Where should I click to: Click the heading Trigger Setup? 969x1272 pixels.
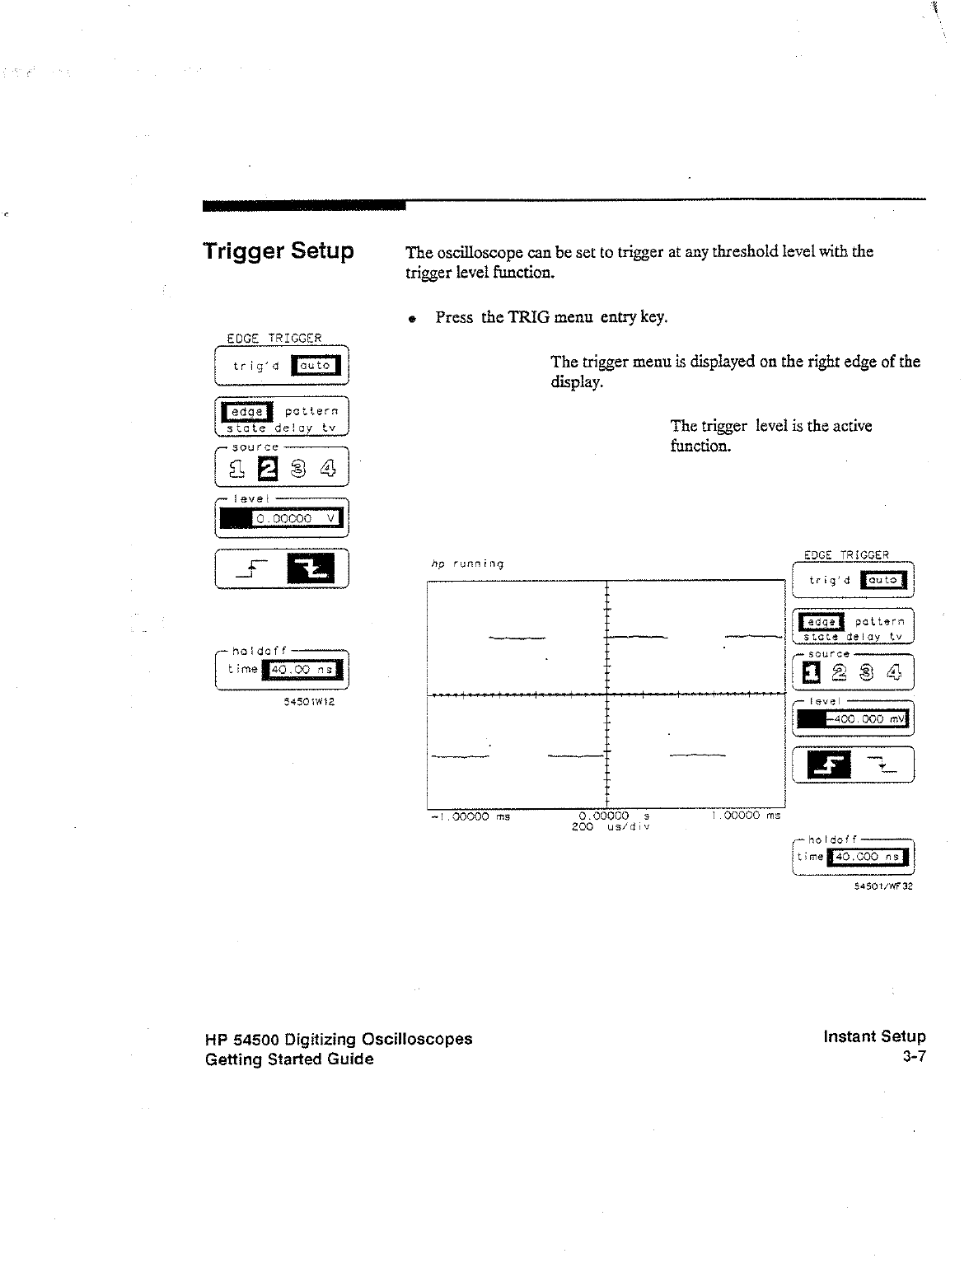pyautogui.click(x=279, y=250)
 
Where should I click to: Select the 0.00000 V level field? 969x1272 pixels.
pyautogui.click(x=289, y=519)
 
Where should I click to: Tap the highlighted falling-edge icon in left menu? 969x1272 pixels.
pyautogui.click(x=311, y=568)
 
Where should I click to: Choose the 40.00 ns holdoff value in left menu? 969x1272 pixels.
pyautogui.click(x=301, y=671)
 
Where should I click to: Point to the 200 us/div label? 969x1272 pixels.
pyautogui.click(x=611, y=826)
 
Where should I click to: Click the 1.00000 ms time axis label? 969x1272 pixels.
pyautogui.click(x=745, y=816)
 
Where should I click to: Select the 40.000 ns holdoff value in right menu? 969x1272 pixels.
pyautogui.click(x=867, y=858)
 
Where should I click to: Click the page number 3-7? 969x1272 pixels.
pyautogui.click(x=914, y=1057)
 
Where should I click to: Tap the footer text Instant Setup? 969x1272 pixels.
pyautogui.click(x=874, y=1036)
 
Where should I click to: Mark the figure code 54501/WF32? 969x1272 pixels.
pyautogui.click(x=882, y=887)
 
